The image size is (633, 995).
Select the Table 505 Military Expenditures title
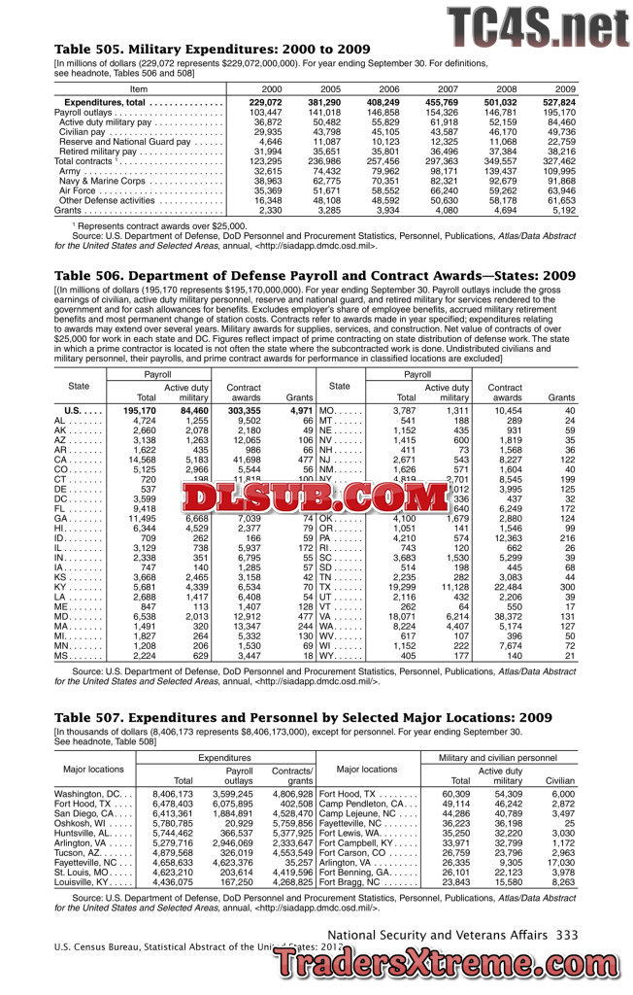coord(212,49)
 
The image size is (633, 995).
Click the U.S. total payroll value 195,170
coord(139,411)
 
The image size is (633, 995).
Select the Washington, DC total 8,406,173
coord(173,794)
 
